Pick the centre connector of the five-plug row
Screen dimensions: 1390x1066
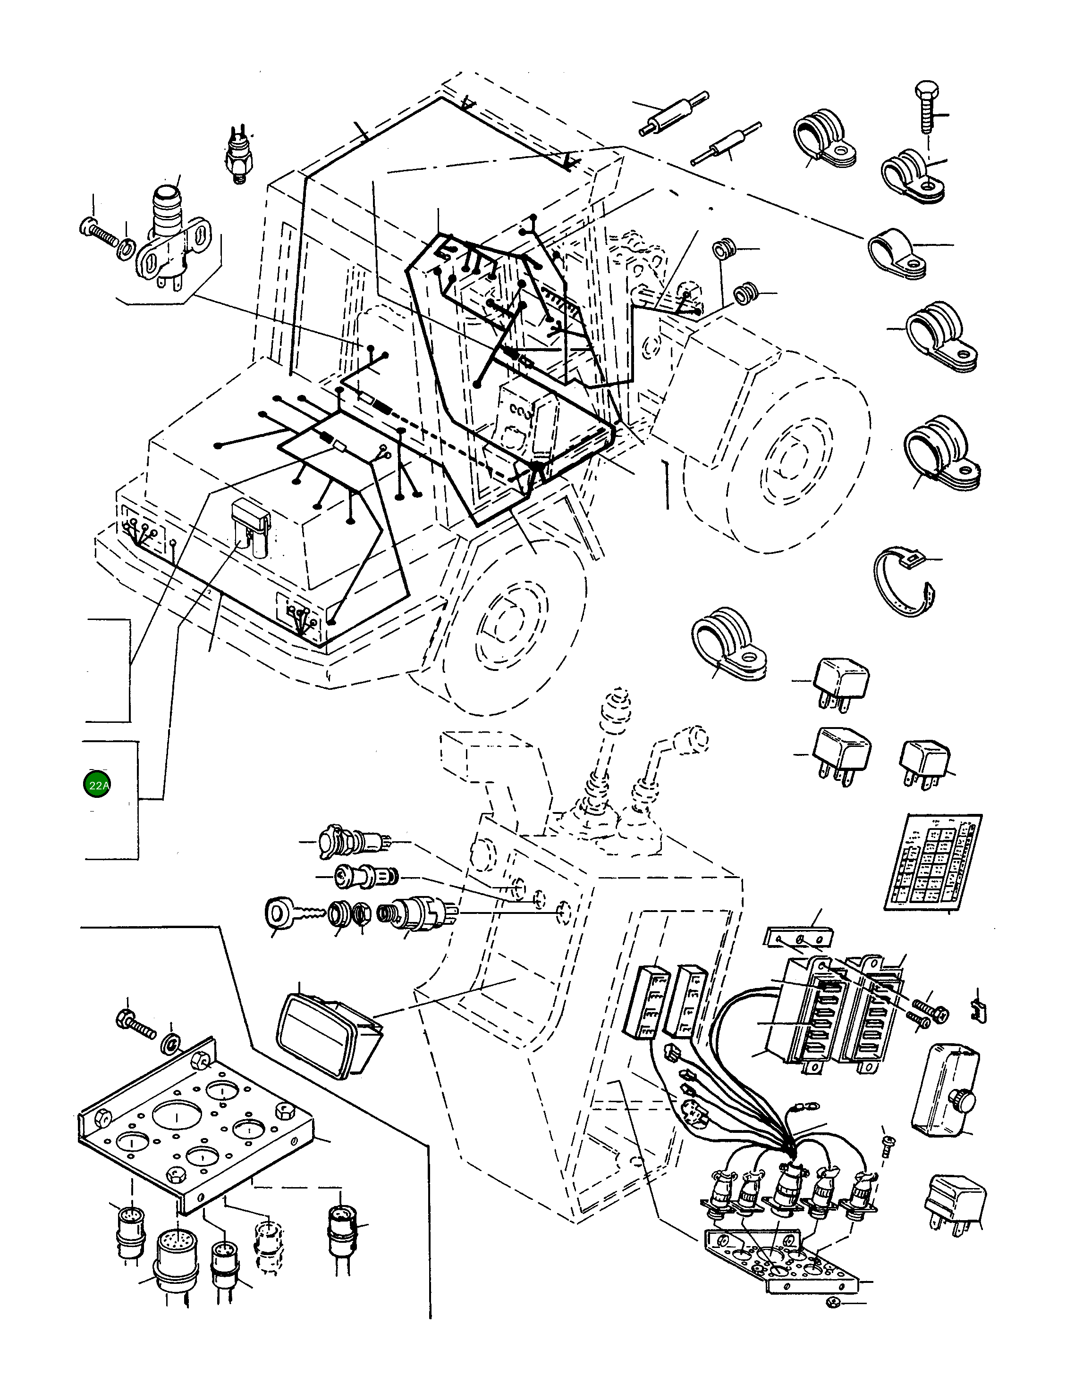click(x=790, y=1188)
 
